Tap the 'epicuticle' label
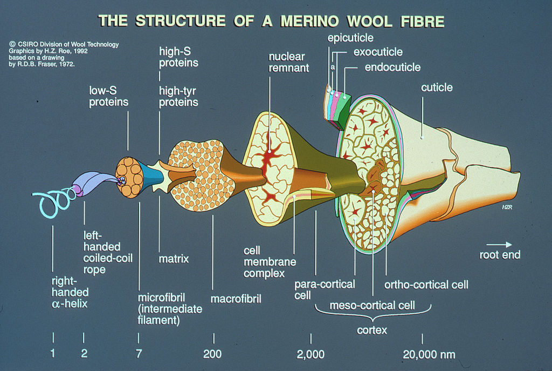[350, 38]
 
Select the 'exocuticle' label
[378, 52]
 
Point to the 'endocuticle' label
[392, 68]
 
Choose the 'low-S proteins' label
[108, 96]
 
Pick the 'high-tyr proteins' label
[178, 96]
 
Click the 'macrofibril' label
[236, 298]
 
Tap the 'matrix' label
[174, 259]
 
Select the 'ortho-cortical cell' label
[426, 285]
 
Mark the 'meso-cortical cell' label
[372, 305]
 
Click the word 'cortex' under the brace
[372, 330]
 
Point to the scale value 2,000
[310, 355]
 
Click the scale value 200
[212, 355]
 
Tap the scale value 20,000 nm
[429, 355]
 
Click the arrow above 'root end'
[499, 244]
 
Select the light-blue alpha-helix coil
[51, 203]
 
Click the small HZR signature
[506, 206]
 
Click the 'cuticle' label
[437, 87]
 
